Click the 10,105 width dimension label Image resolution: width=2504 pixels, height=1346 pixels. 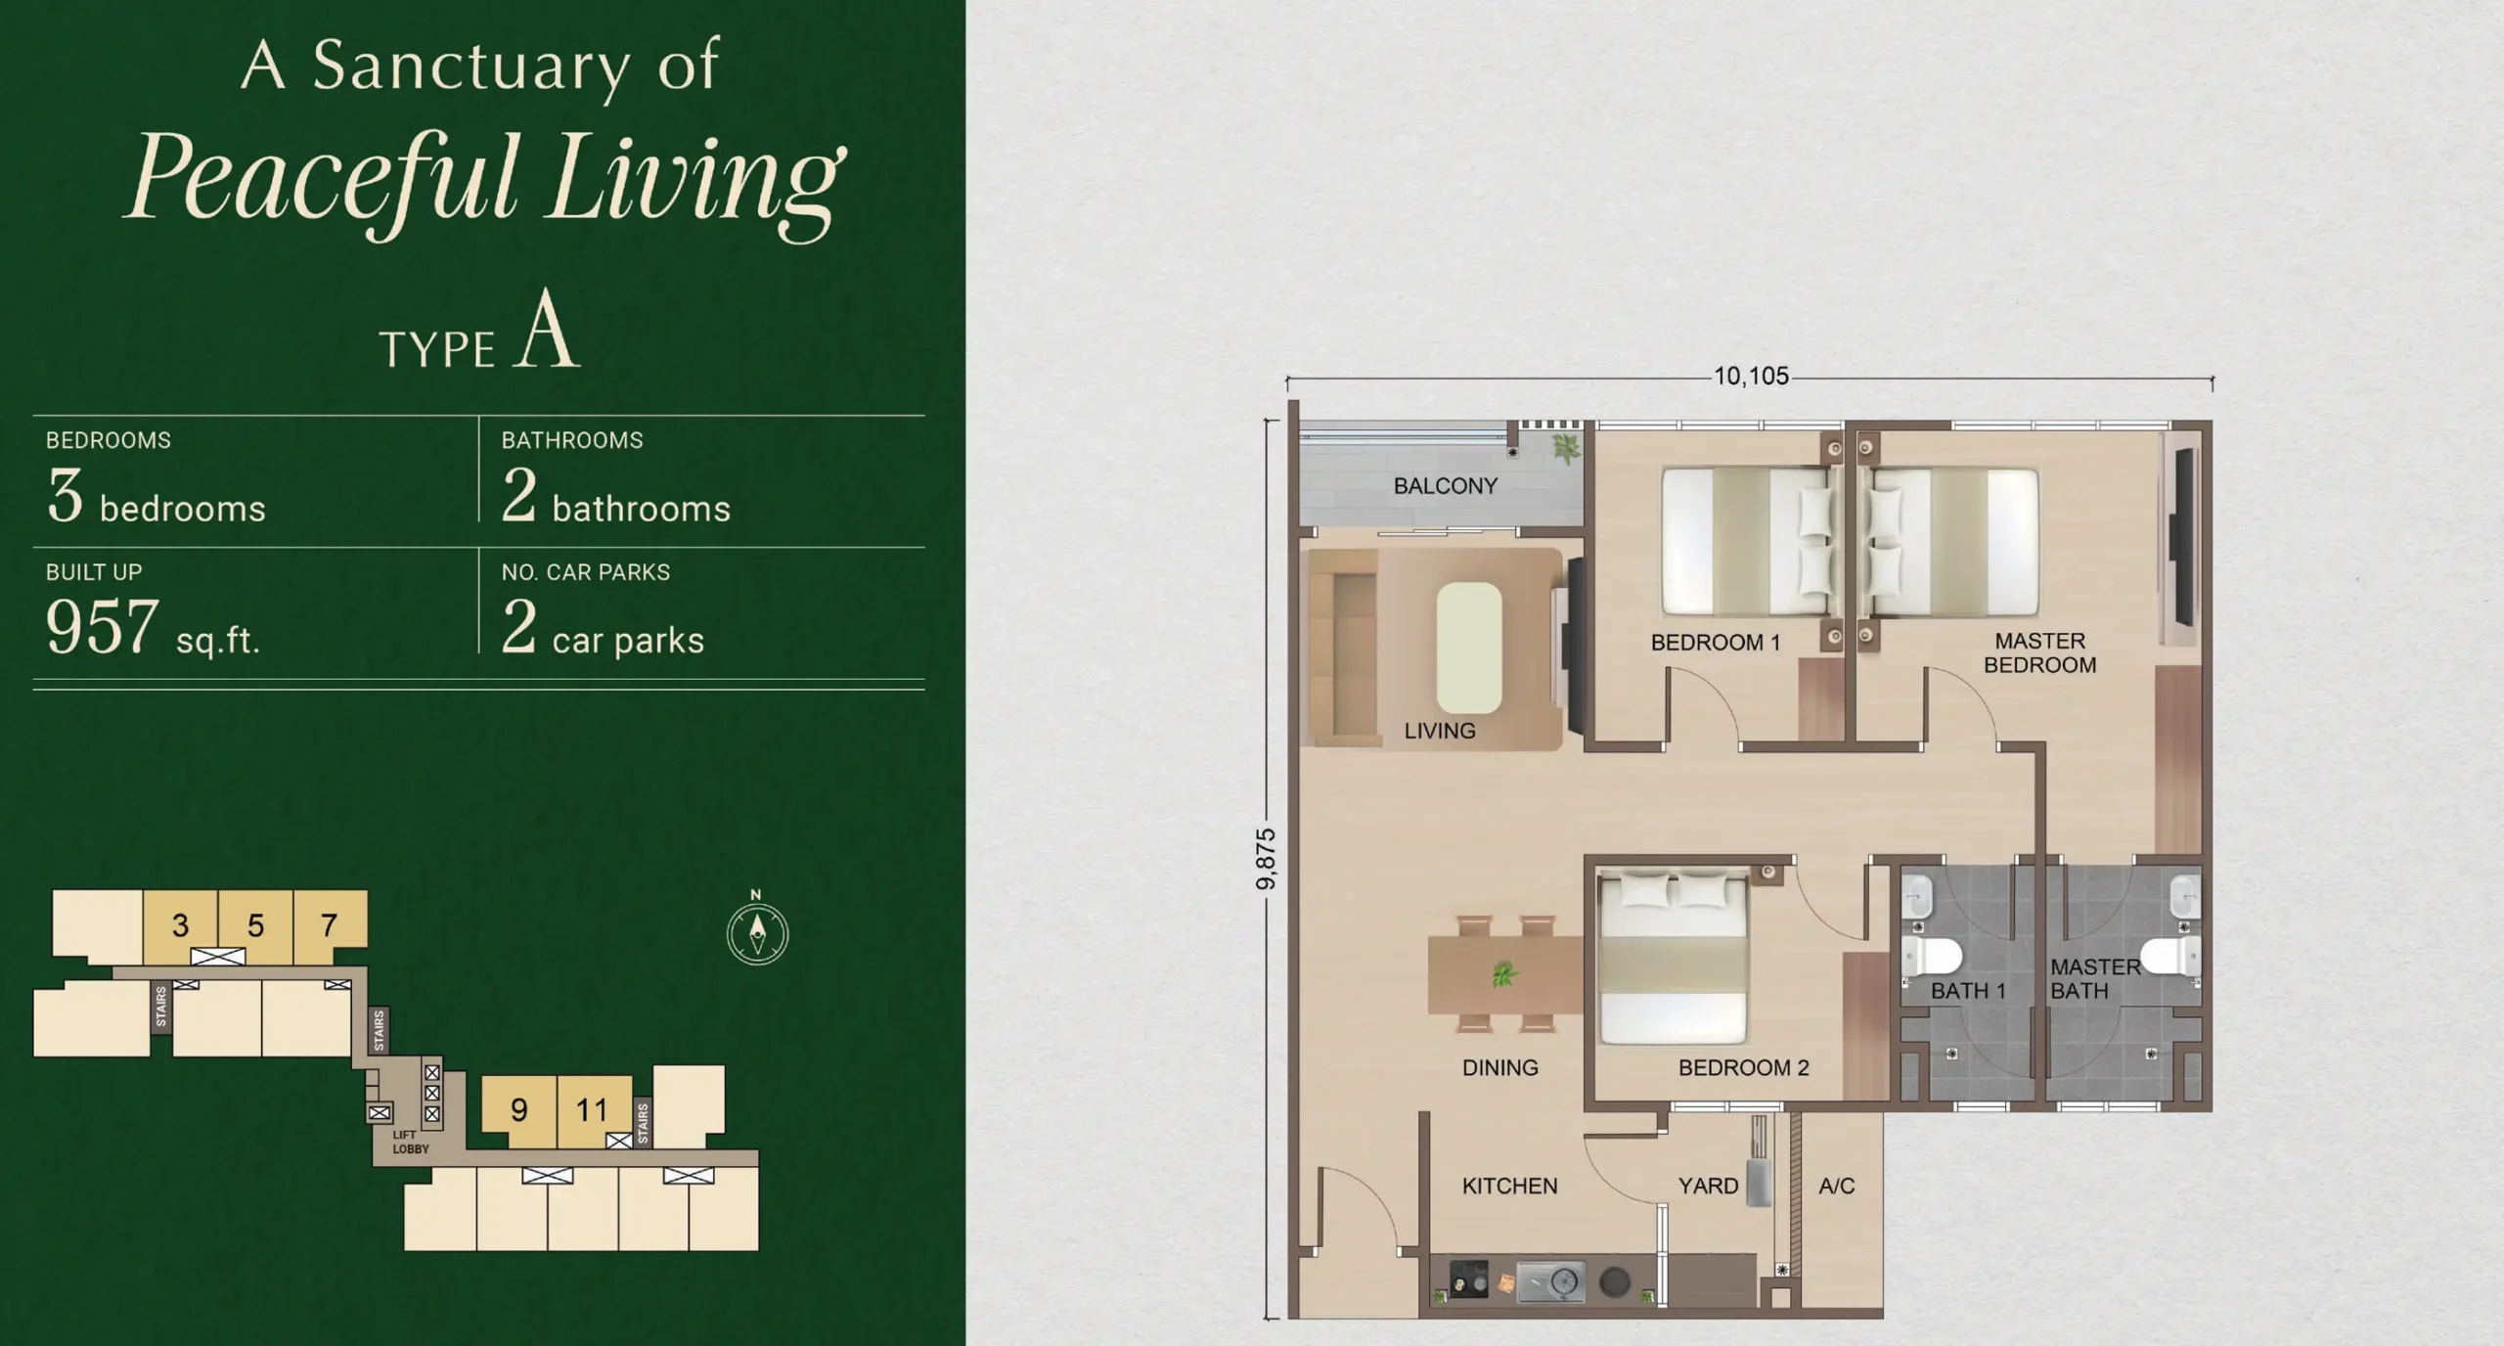[1751, 376]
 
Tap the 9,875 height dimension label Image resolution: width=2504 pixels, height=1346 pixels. [1266, 859]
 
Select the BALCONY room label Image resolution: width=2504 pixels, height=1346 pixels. [1445, 486]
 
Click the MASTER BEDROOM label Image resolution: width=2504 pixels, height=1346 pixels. [2039, 652]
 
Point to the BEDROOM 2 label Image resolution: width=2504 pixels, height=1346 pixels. [1743, 1067]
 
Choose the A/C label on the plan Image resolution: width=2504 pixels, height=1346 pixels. [1836, 1186]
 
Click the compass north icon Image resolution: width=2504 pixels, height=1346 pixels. [757, 934]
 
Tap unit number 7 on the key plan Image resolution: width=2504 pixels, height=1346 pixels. [330, 924]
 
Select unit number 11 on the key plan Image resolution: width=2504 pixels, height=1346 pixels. [592, 1110]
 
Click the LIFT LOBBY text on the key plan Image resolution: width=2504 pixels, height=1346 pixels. [410, 1143]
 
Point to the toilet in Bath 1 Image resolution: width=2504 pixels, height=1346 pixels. [1932, 957]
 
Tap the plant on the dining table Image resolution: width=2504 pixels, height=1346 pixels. [1503, 974]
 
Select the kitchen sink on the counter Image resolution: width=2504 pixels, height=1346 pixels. [1551, 1281]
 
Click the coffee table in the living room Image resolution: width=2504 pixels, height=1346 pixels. [1468, 648]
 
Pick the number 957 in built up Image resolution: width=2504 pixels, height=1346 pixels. [102, 627]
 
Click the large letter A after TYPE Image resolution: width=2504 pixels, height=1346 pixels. [548, 331]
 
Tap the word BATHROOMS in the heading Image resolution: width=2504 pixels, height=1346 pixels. [572, 440]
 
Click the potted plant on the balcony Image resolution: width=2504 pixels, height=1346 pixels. [1566, 449]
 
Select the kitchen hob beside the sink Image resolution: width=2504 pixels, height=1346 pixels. [1468, 1280]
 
